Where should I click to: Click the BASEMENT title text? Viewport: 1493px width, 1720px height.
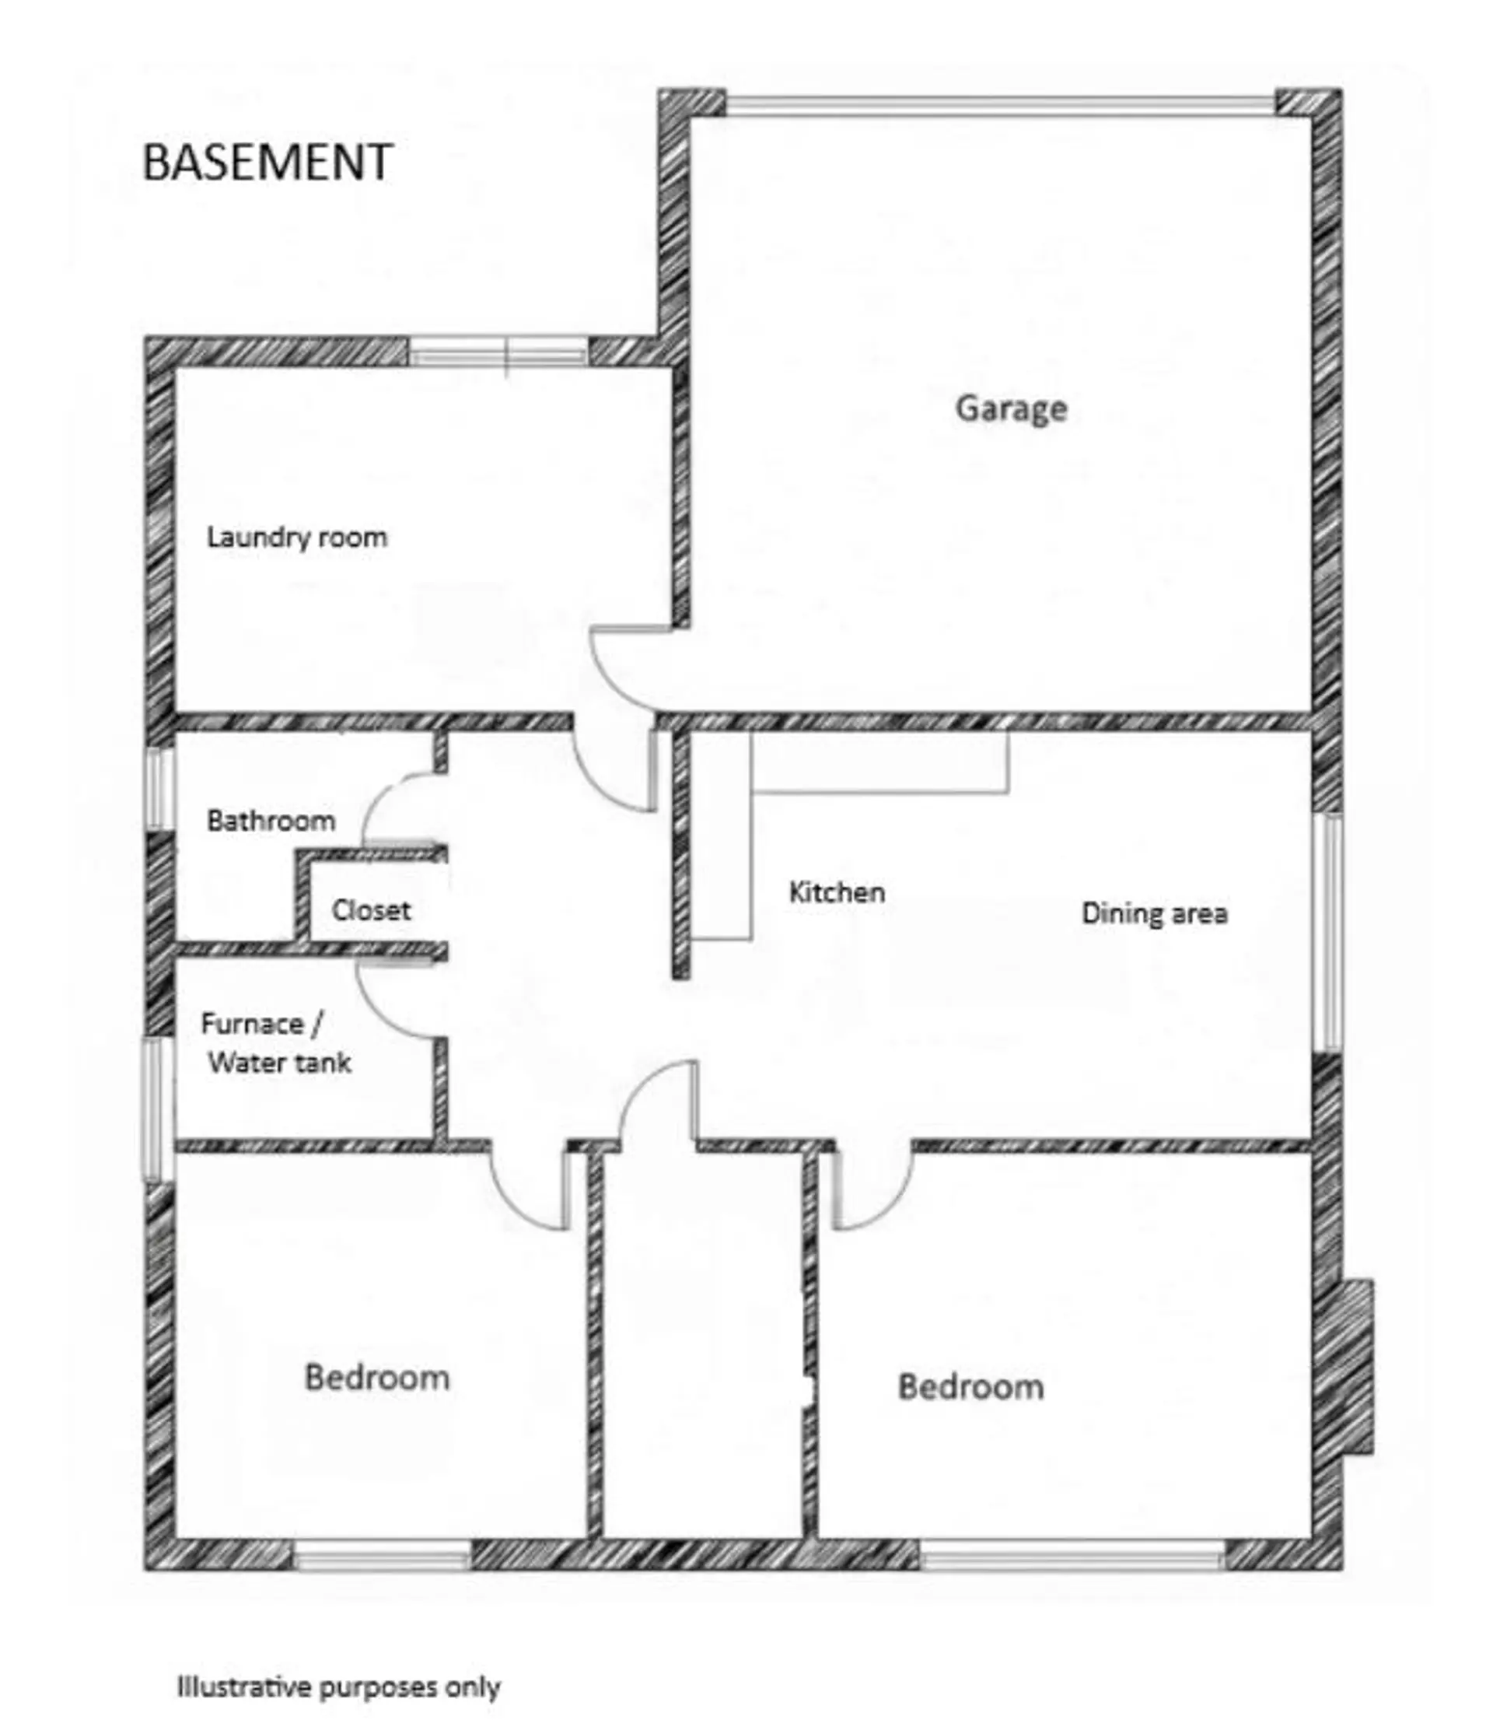pos(267,162)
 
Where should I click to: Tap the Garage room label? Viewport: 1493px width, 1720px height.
pos(1011,408)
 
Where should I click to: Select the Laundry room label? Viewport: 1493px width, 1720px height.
pos(296,538)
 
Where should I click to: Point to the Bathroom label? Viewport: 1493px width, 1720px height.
pos(271,821)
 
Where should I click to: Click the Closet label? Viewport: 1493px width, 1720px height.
pos(371,910)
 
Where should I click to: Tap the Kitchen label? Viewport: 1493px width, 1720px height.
pos(837,892)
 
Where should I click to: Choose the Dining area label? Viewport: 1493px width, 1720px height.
pos(1154,913)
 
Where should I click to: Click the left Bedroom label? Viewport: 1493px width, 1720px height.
pos(376,1378)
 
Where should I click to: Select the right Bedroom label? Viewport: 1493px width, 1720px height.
pos(970,1387)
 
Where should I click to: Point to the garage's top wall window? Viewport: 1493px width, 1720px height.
pos(1000,105)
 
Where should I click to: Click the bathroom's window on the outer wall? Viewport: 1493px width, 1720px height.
pos(160,788)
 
